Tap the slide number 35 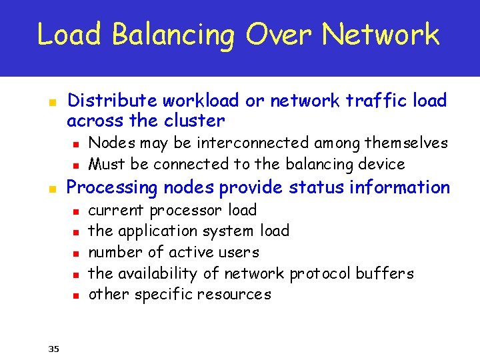tap(54, 347)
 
